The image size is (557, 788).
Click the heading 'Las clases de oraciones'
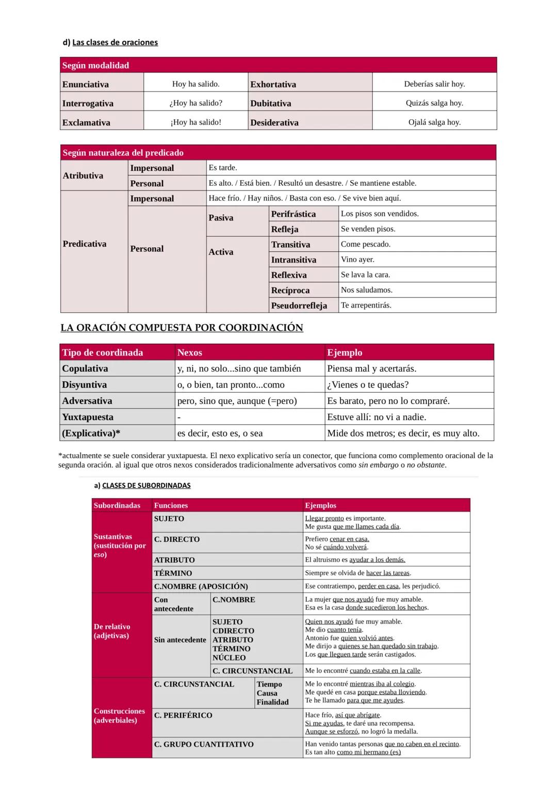pyautogui.click(x=114, y=42)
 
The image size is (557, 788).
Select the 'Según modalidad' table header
pyautogui.click(x=95, y=66)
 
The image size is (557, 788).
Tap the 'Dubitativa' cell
pyautogui.click(x=271, y=103)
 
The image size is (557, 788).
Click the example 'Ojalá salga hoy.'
pyautogui.click(x=434, y=122)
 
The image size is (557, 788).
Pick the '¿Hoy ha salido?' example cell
pyautogui.click(x=195, y=103)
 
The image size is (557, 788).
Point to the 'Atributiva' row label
pyautogui.click(x=83, y=175)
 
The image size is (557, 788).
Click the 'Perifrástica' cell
pyautogui.click(x=293, y=214)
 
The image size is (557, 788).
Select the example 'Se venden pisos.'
pyautogui.click(x=368, y=229)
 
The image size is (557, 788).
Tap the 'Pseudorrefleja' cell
pyautogui.click(x=299, y=305)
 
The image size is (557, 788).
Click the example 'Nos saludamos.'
pyautogui.click(x=366, y=290)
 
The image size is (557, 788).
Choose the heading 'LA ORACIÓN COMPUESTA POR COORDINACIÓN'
pyautogui.click(x=182, y=328)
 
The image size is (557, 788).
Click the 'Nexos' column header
pyautogui.click(x=189, y=352)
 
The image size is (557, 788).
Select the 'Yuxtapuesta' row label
pyautogui.click(x=88, y=417)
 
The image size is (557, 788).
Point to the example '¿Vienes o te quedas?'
pyautogui.click(x=368, y=385)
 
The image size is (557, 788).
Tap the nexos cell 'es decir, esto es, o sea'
pyautogui.click(x=220, y=433)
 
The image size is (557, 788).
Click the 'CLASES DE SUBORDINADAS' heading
pyautogui.click(x=146, y=486)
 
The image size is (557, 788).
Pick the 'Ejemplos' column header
pyautogui.click(x=320, y=506)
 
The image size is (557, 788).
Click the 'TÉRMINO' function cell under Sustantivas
pyautogui.click(x=173, y=573)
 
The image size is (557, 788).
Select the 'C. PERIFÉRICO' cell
pyautogui.click(x=183, y=715)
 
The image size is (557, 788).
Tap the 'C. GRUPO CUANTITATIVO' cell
pyautogui.click(x=204, y=744)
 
